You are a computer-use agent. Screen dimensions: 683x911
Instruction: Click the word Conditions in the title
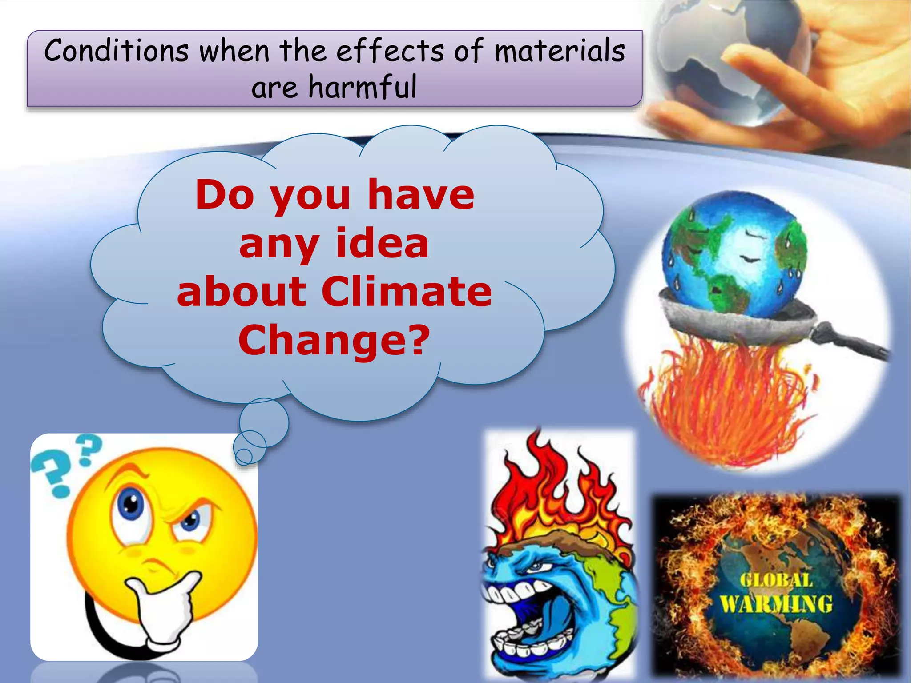(117, 51)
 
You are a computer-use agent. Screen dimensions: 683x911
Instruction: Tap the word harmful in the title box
(363, 87)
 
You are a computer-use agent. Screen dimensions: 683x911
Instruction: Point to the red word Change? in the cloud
(334, 340)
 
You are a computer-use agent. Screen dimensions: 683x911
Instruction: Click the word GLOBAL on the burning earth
(776, 580)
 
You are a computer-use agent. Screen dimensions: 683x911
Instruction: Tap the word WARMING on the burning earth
(776, 604)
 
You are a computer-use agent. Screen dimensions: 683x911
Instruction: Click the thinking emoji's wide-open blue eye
(131, 505)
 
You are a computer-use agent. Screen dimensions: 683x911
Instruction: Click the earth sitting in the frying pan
(734, 253)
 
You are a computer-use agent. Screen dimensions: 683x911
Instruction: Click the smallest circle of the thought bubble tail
(244, 456)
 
